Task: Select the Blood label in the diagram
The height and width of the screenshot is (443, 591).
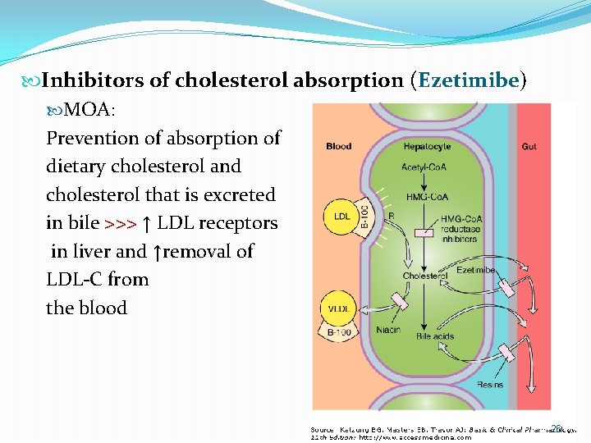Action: (x=338, y=147)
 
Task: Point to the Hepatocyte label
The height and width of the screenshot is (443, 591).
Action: (x=427, y=147)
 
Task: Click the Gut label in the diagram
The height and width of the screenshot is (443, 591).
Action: (x=529, y=147)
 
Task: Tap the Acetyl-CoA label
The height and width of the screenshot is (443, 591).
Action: (x=424, y=167)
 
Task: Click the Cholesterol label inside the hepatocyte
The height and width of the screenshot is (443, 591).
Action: (x=424, y=276)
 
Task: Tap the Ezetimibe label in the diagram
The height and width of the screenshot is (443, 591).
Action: (x=475, y=269)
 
